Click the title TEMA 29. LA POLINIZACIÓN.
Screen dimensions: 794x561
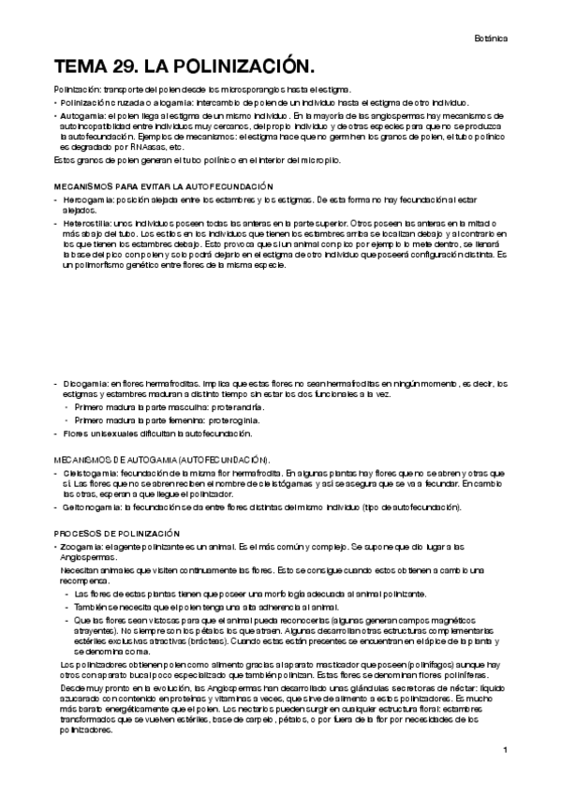(183, 67)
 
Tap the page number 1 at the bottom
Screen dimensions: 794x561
(505, 750)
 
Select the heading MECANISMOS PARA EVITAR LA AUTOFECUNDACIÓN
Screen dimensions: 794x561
(163, 186)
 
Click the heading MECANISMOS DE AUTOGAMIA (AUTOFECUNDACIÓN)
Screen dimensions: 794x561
(162, 460)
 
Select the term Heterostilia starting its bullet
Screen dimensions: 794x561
(86, 224)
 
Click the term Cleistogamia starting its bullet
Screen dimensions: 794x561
(88, 473)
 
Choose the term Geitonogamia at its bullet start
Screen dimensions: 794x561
(91, 507)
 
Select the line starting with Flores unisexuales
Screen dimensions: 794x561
(134, 434)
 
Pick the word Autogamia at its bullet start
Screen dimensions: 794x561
(83, 114)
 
